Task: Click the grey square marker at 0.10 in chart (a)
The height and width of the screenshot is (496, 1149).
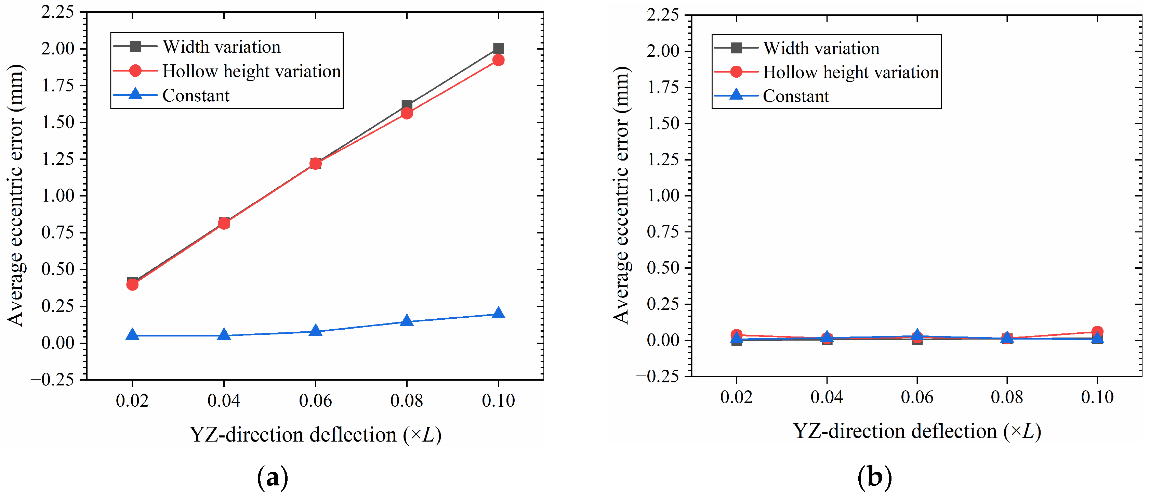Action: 498,48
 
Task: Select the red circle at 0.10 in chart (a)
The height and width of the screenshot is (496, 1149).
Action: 498,60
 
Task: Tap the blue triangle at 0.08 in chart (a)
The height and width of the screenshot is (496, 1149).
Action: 407,320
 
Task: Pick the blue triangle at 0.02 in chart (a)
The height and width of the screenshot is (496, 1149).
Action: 132,334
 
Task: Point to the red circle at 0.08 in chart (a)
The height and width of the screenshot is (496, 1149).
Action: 407,113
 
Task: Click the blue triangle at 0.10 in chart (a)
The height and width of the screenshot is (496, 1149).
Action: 498,313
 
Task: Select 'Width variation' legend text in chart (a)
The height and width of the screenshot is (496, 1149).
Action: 222,47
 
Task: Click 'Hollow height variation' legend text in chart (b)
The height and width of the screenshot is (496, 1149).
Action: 850,72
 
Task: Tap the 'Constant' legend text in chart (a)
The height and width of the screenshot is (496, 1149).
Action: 196,96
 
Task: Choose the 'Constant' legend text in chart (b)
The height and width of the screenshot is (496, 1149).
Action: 796,97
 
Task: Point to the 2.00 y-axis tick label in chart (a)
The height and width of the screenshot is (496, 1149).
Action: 58,48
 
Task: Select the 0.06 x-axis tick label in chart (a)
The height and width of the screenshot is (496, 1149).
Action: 315,400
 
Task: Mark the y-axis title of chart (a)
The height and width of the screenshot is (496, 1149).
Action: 16,195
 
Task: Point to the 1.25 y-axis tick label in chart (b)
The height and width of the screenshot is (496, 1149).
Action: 663,160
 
